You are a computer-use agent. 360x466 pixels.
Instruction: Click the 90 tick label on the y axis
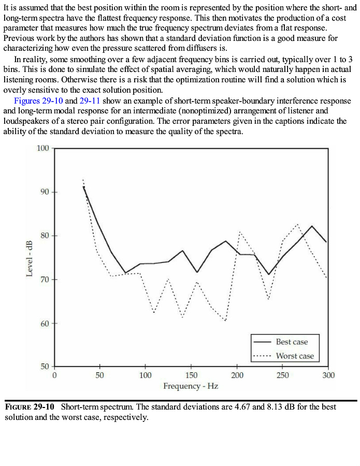pos(44,192)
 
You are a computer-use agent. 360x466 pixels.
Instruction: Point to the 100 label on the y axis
pos(42,149)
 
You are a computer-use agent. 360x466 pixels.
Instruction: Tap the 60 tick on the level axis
pos(44,324)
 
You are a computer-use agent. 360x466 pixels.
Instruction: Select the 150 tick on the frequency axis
pos(191,375)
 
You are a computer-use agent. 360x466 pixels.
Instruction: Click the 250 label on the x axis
pos(282,375)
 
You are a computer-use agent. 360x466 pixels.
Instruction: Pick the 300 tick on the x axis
pos(328,375)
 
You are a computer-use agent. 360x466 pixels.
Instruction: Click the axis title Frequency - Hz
pos(191,386)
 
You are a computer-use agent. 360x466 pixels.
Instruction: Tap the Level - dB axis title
pos(30,258)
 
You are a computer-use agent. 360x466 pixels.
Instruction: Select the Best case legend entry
pos(292,342)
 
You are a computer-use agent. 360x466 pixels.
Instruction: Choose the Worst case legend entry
pos(294,356)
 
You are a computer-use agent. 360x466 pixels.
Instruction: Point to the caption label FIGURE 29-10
pos(32,407)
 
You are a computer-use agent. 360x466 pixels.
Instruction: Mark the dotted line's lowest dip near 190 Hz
pos(226,321)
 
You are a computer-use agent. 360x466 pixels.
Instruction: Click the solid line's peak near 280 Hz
pos(312,226)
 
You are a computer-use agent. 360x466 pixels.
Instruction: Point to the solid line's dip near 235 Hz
pos(269,274)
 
